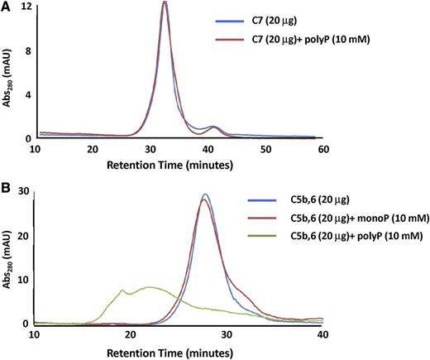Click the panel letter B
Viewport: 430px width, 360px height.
click(6, 186)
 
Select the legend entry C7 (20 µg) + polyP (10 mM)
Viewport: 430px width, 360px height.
click(301, 53)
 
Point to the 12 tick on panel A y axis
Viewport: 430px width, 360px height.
click(26, 7)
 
